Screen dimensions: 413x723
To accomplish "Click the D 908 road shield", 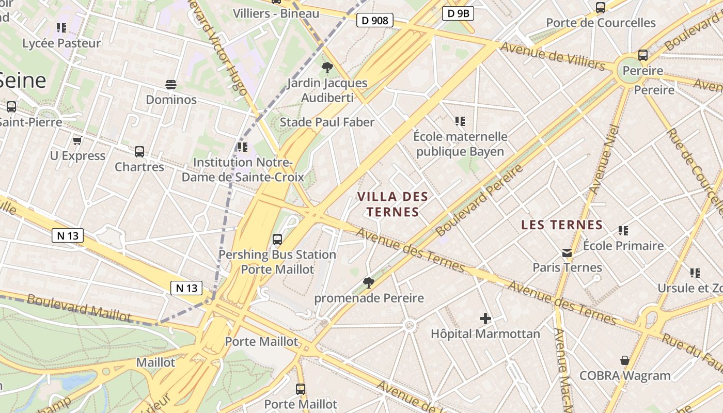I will click(375, 21).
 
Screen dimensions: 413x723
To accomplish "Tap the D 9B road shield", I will click(458, 14).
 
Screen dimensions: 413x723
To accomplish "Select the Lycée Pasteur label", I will click(61, 43).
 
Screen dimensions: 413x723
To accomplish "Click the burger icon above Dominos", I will click(171, 84).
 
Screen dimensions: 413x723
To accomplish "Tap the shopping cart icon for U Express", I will click(77, 140).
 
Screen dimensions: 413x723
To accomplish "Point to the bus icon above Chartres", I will click(139, 152).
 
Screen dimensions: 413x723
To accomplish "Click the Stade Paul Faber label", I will click(327, 122).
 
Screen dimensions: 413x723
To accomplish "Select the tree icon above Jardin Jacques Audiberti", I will click(327, 67).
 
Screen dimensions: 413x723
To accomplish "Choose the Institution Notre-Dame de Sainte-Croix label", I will click(238, 169).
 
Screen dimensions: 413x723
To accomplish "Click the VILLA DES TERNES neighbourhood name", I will click(392, 204).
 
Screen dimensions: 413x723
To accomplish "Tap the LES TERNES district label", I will click(562, 225).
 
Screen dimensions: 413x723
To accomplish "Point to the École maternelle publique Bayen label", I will click(460, 144).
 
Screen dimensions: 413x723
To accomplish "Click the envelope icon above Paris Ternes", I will click(567, 253).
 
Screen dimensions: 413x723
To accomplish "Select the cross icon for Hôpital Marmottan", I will click(485, 319).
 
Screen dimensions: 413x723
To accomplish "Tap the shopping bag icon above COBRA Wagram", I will click(625, 360).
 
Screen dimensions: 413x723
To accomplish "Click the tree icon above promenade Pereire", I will click(369, 282).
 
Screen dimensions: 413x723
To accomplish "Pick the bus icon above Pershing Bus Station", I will click(277, 240).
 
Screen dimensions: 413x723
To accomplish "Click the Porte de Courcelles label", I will click(601, 23).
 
